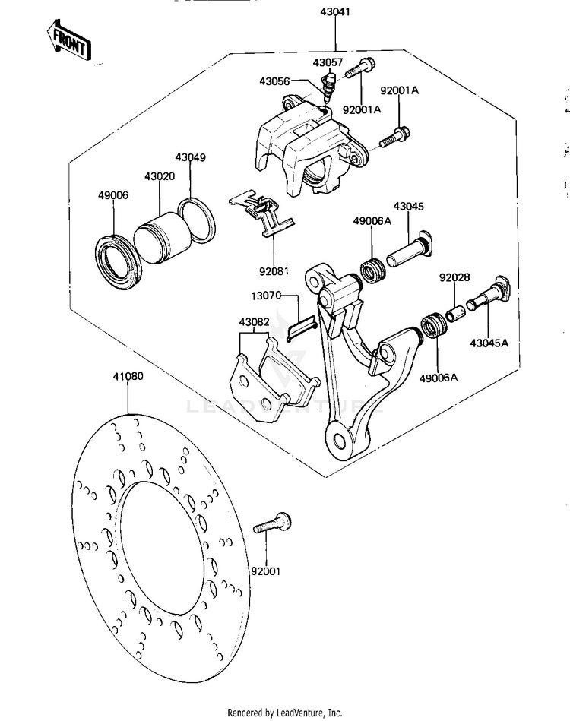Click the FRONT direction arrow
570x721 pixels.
click(x=68, y=40)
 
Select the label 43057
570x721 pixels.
click(x=328, y=62)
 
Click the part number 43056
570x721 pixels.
click(x=276, y=81)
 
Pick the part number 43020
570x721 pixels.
click(x=160, y=197)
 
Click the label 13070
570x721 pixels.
click(x=266, y=295)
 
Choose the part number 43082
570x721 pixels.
click(x=254, y=321)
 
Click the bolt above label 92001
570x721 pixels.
click(x=277, y=523)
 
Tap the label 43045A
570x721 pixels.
click(x=489, y=343)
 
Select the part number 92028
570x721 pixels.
click(x=454, y=277)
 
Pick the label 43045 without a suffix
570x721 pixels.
click(x=409, y=207)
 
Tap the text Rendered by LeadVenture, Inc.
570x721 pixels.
click(x=285, y=713)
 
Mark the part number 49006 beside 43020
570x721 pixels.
click(x=112, y=217)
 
